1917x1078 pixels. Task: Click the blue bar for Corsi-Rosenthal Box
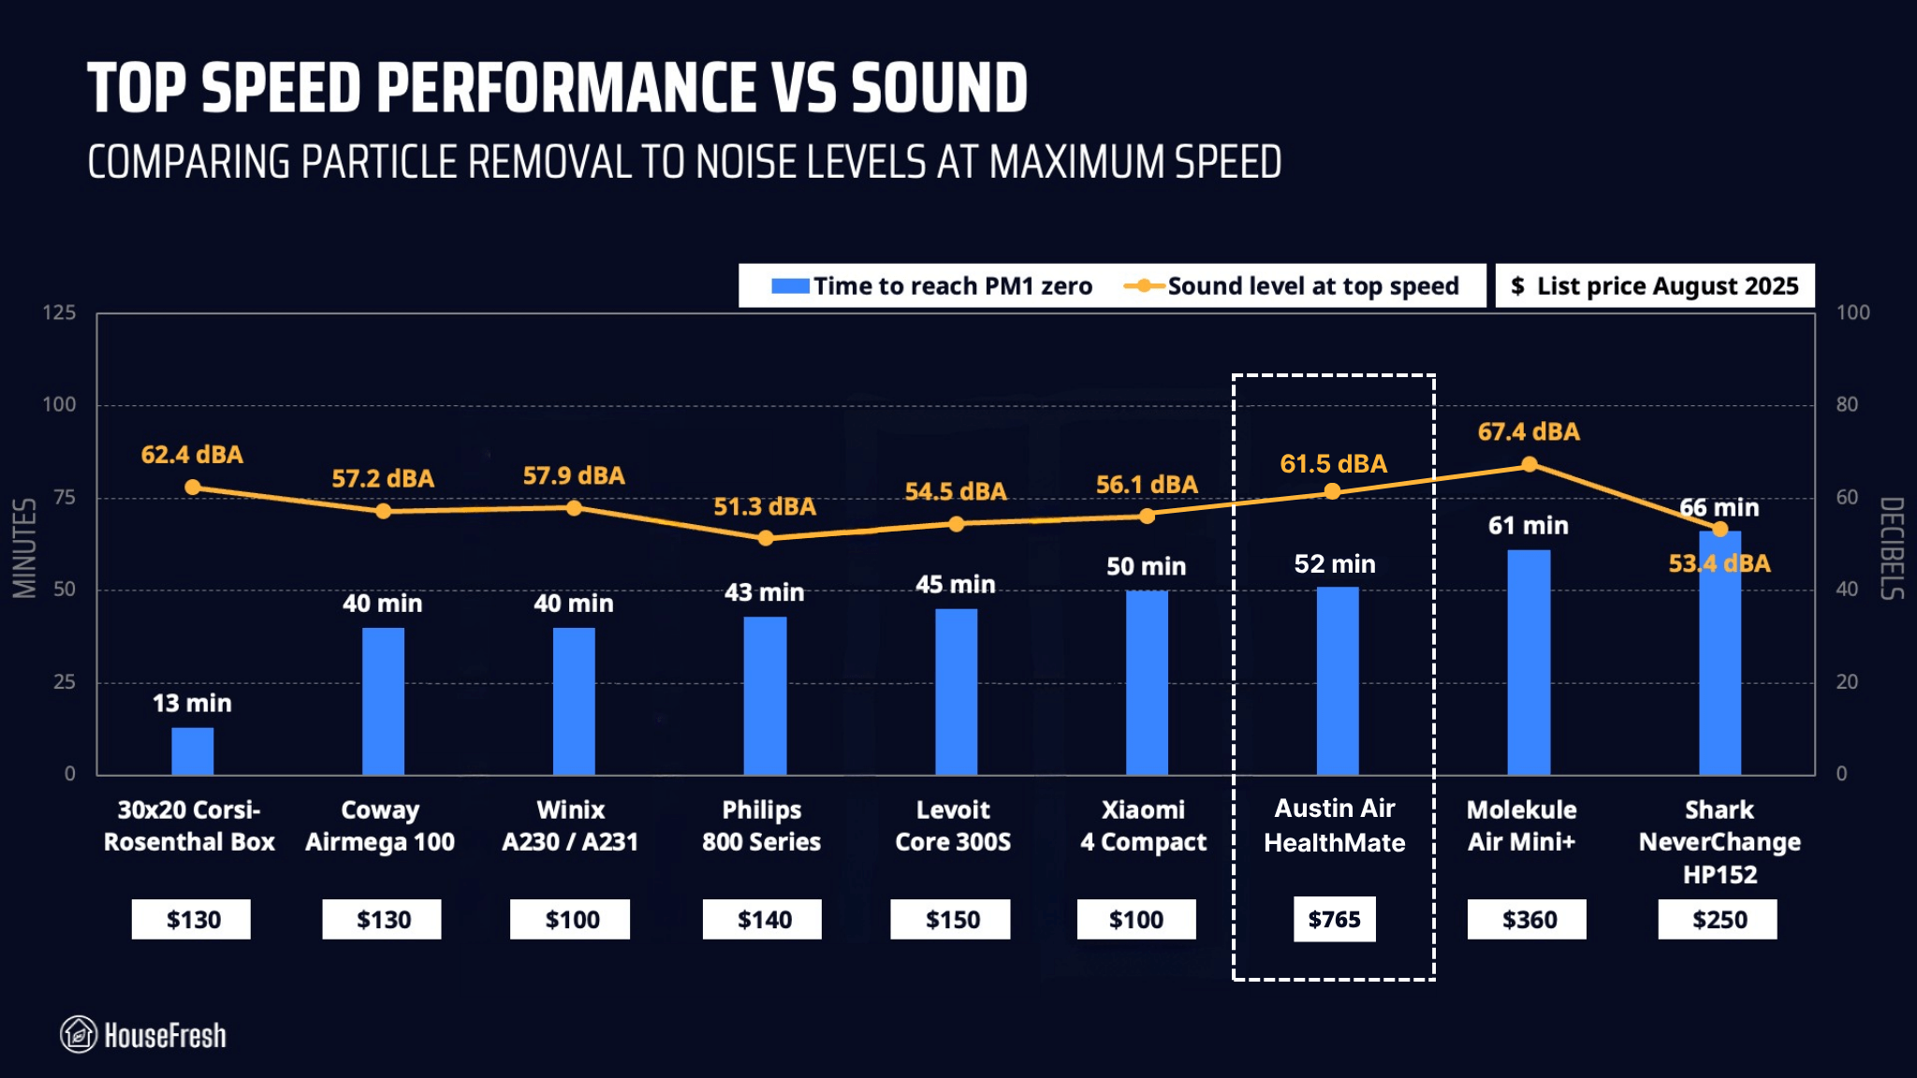pyautogui.click(x=192, y=750)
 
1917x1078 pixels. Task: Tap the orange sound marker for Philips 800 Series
pyautogui.click(x=766, y=538)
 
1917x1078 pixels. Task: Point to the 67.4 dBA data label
pyautogui.click(x=1529, y=431)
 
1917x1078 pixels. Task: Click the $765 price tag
pyautogui.click(x=1334, y=919)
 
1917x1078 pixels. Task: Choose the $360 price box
pyautogui.click(x=1529, y=919)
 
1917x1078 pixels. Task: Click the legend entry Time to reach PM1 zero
pyautogui.click(x=931, y=286)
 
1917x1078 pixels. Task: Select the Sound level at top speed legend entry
pyautogui.click(x=1292, y=286)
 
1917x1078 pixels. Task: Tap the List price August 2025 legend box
pyautogui.click(x=1654, y=286)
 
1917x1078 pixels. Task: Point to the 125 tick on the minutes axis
pyautogui.click(x=59, y=313)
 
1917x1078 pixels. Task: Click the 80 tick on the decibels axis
pyautogui.click(x=1847, y=404)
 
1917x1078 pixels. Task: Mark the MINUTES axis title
pyautogui.click(x=24, y=547)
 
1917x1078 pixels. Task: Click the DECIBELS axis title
pyautogui.click(x=1892, y=547)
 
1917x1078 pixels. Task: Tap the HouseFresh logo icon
pyautogui.click(x=79, y=1034)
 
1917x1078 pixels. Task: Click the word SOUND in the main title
pyautogui.click(x=939, y=89)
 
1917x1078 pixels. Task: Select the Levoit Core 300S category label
pyautogui.click(x=953, y=825)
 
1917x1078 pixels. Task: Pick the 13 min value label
pyautogui.click(x=192, y=703)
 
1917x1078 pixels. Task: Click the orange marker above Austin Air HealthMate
pyautogui.click(x=1332, y=492)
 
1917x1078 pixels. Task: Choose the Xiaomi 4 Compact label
pyautogui.click(x=1143, y=825)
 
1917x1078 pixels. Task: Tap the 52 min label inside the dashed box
pyautogui.click(x=1335, y=563)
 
